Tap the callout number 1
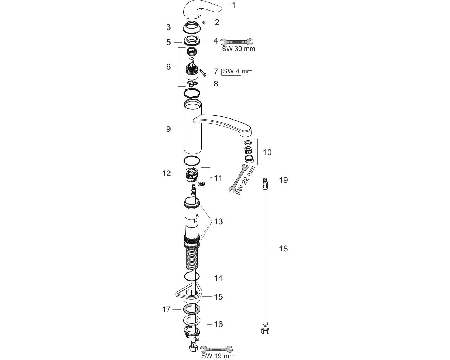pos(234,5)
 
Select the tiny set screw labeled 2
pos(204,22)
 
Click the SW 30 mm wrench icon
pos(237,42)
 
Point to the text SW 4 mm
pos(238,71)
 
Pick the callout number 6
pos(168,67)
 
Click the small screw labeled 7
pos(203,73)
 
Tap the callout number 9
pos(168,129)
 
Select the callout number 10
pos(267,152)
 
